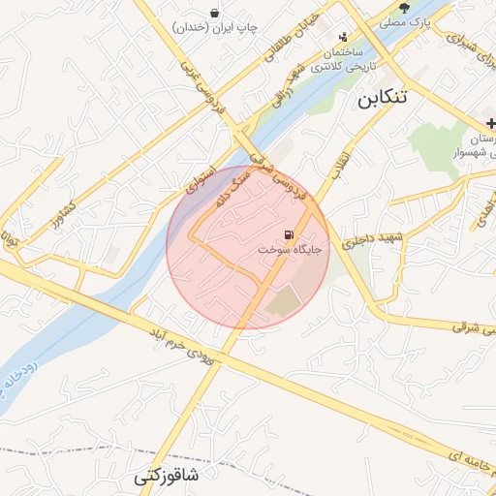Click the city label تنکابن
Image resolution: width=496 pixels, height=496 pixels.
point(396,98)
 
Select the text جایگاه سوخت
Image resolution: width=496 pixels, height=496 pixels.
point(290,250)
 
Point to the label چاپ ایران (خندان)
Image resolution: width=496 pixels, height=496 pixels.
point(214,28)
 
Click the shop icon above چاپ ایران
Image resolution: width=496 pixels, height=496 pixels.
point(213,12)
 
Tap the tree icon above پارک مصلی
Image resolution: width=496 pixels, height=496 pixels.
point(418,6)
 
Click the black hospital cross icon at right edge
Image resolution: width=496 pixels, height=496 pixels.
point(490,123)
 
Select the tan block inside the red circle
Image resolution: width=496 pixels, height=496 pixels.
point(285,302)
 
